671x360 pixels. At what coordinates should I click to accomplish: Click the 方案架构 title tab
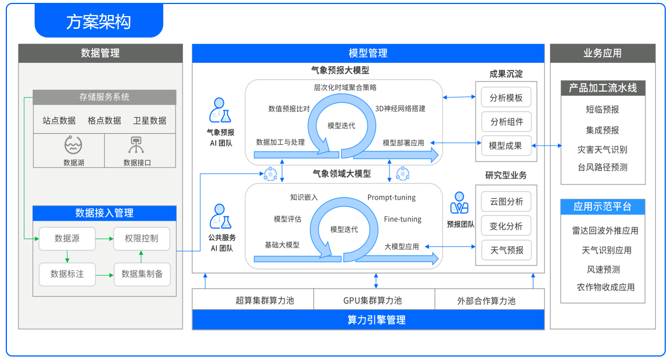(x=99, y=22)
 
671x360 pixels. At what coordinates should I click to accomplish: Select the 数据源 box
(x=67, y=238)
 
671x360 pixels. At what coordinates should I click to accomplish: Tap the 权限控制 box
(x=141, y=238)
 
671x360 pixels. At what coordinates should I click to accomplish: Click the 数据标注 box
(x=67, y=274)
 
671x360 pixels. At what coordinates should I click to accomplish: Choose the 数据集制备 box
(x=142, y=274)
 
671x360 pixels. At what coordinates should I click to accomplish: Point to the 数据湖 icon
(x=74, y=145)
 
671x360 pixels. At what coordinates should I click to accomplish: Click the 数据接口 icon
(x=137, y=145)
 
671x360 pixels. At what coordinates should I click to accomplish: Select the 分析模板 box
(x=506, y=97)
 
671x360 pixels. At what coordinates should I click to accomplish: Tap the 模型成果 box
(x=506, y=146)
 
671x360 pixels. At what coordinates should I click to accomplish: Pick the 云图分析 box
(x=506, y=201)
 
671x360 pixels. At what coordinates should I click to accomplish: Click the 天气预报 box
(x=506, y=250)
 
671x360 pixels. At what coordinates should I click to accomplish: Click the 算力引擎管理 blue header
(x=368, y=320)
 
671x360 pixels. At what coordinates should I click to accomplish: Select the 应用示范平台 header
(x=602, y=207)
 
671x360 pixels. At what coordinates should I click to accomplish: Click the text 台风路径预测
(x=602, y=168)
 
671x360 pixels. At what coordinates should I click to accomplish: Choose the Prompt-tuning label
(x=391, y=197)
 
